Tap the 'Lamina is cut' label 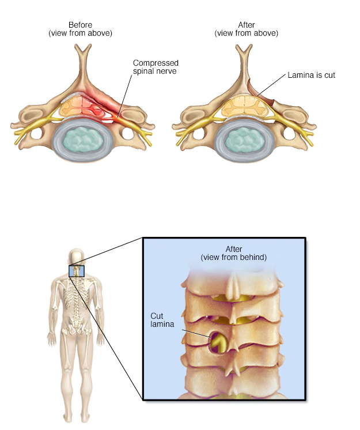pos(311,75)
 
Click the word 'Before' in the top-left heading pos(80,25)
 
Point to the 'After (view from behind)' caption pos(233,253)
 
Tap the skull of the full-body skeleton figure pos(77,257)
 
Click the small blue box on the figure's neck pos(77,271)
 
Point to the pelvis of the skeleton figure pos(77,329)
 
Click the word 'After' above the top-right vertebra pos(246,25)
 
